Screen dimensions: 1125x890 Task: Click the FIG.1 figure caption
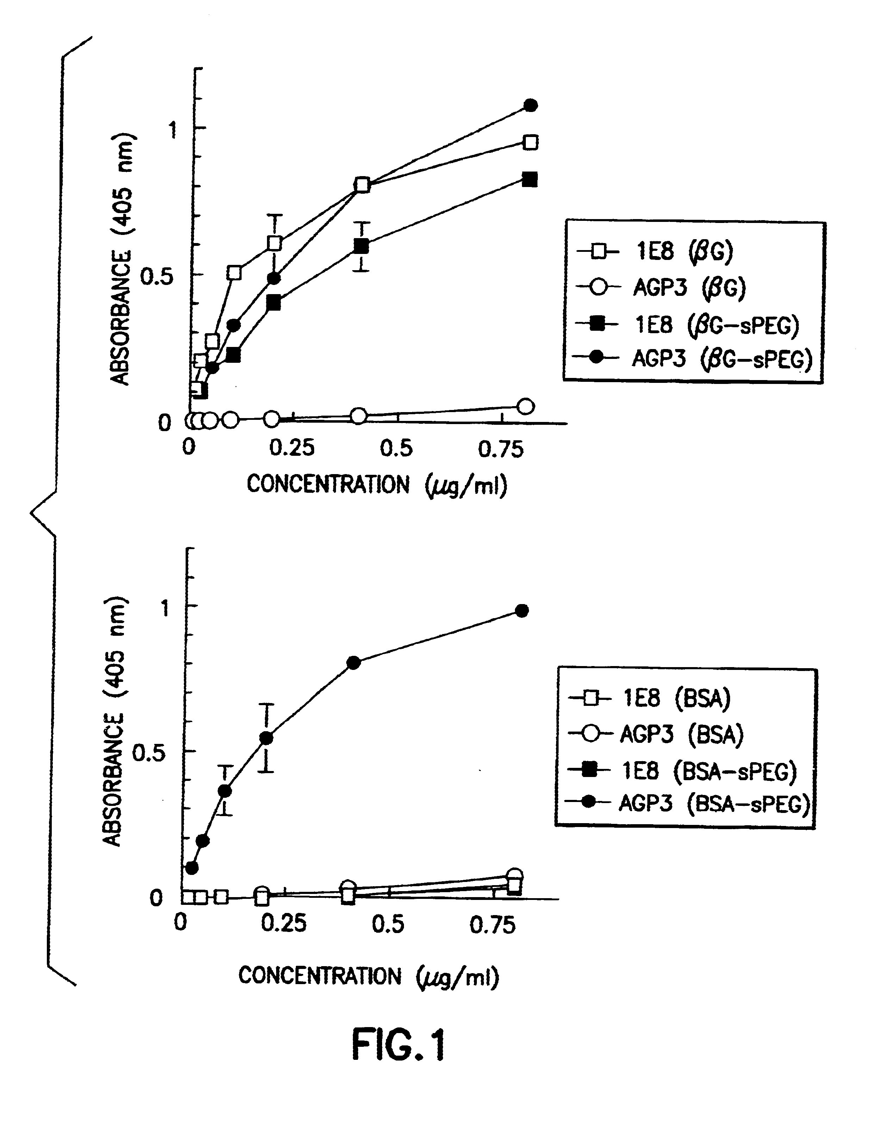coord(399,1045)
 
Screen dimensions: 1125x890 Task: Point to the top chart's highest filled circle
coord(530,105)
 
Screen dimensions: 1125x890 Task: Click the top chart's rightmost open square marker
coord(530,142)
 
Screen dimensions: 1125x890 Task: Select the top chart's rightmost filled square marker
coord(529,180)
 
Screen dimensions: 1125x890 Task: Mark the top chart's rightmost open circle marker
coord(526,406)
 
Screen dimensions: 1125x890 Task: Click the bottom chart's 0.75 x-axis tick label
coord(492,925)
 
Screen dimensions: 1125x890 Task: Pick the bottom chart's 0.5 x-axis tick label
coord(388,924)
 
